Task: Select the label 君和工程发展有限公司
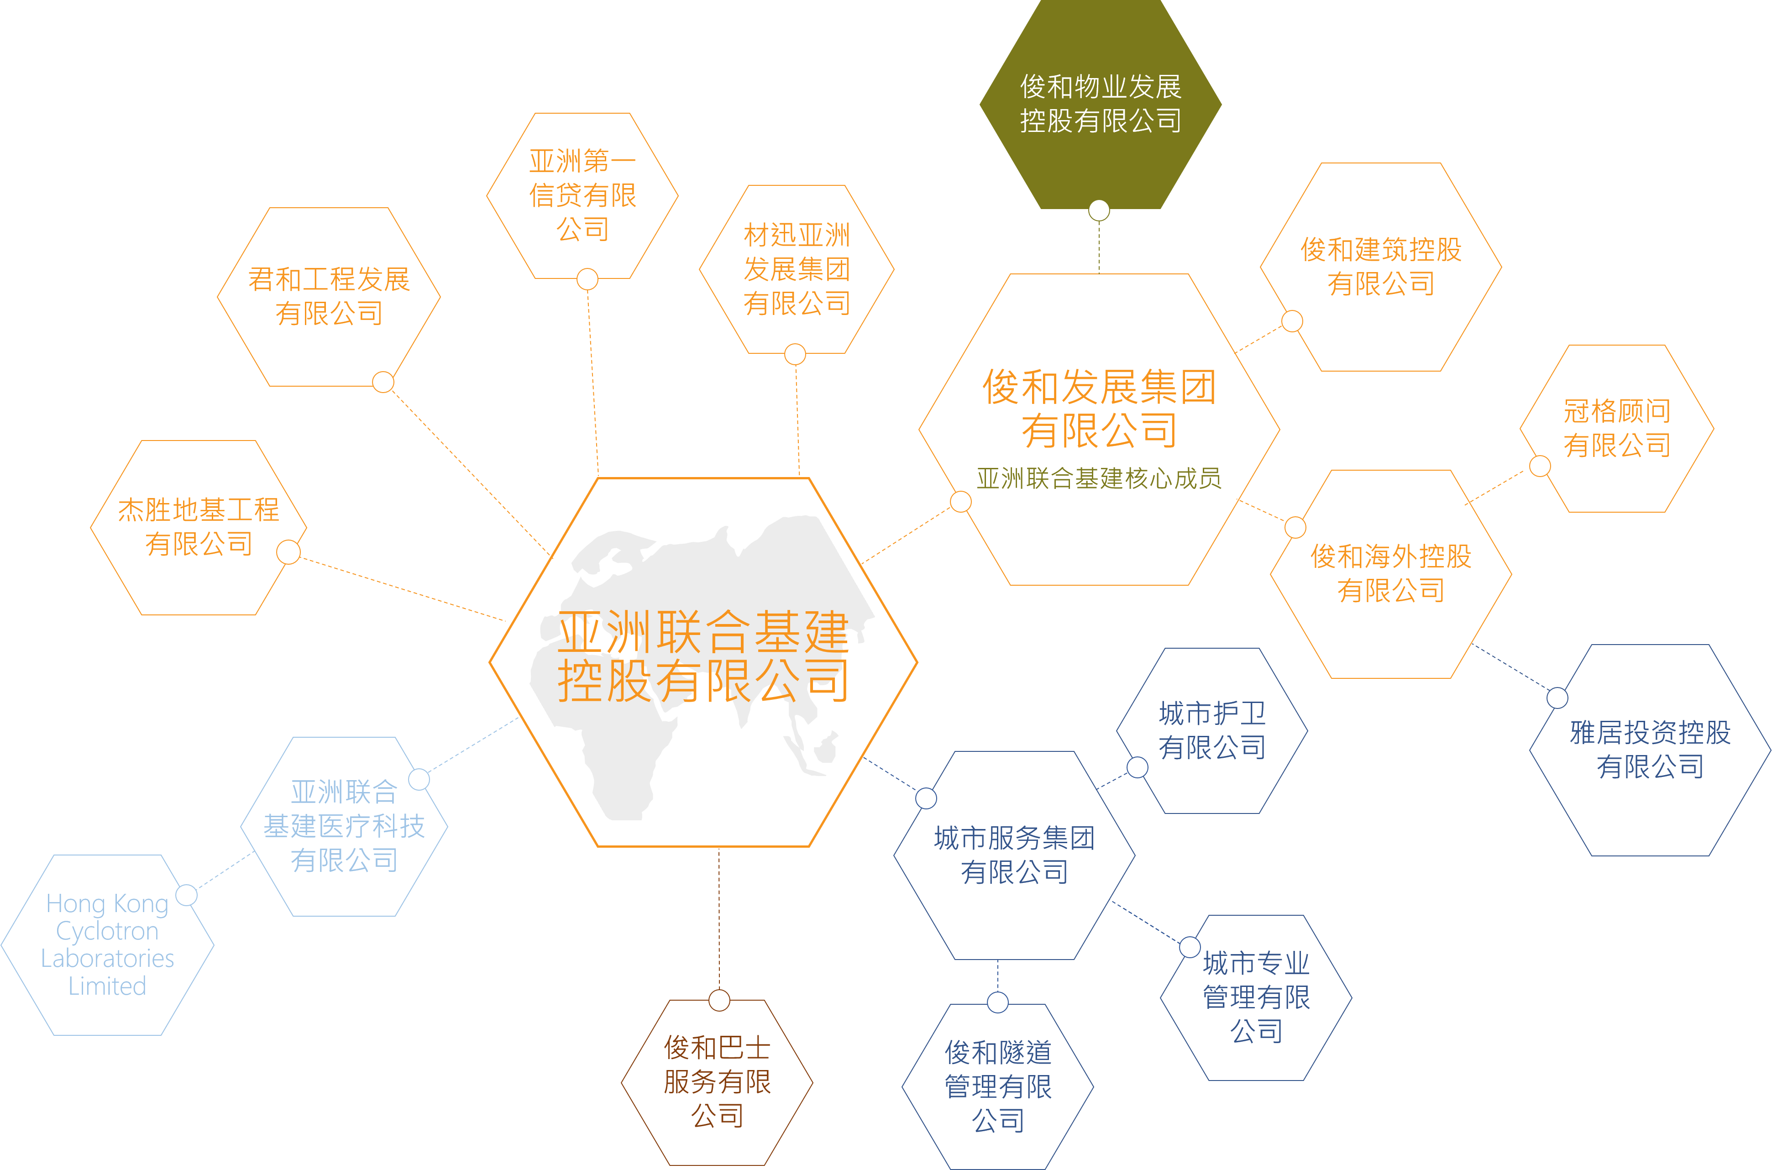pyautogui.click(x=329, y=296)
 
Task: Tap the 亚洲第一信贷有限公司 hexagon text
pyautogui.click(x=583, y=195)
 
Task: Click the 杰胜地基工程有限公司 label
pyautogui.click(x=199, y=527)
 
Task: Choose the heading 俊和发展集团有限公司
pyautogui.click(x=1099, y=408)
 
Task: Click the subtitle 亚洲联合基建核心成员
pyautogui.click(x=1099, y=478)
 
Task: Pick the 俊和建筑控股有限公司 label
pyautogui.click(x=1381, y=267)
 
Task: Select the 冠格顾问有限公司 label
pyautogui.click(x=1617, y=428)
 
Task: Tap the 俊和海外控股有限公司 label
pyautogui.click(x=1391, y=573)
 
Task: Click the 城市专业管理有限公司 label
pyautogui.click(x=1257, y=997)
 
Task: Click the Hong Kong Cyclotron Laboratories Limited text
pyautogui.click(x=107, y=944)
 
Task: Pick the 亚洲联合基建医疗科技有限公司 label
pyautogui.click(x=344, y=826)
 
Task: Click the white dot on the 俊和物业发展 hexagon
pyautogui.click(x=1099, y=210)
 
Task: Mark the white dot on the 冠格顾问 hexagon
pyautogui.click(x=1540, y=467)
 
